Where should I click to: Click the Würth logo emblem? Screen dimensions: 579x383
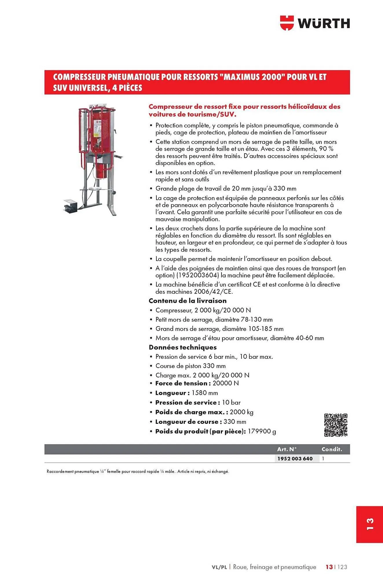coord(287,23)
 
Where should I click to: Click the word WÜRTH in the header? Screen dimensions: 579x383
coord(324,23)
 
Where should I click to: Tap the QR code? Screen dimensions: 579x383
coord(336,425)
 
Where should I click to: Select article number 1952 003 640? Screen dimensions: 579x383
coord(295,459)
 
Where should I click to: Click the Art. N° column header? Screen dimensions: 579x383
coord(287,449)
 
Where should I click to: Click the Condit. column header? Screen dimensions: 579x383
coord(332,449)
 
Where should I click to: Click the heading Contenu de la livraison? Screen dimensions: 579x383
coord(187,301)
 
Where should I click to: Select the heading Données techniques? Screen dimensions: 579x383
coord(182,347)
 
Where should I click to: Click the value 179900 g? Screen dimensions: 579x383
coord(262,431)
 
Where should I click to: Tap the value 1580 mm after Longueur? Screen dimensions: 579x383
coord(204,393)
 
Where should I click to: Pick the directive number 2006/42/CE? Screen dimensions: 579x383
coord(213,292)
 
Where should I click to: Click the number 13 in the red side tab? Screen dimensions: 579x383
coord(370,524)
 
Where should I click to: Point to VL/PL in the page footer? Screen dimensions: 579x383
coord(219,567)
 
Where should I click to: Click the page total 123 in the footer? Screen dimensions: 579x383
coord(342,567)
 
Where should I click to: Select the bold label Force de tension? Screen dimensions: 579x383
coord(181,383)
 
